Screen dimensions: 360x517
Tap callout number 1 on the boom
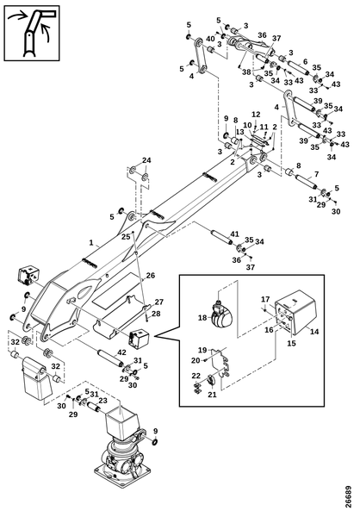(x=91, y=243)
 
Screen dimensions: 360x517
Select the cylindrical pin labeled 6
(x=299, y=68)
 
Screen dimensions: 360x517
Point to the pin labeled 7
(x=306, y=183)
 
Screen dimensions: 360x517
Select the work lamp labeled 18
(x=221, y=315)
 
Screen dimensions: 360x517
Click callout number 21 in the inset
(x=213, y=394)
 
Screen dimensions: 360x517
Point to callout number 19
(x=202, y=350)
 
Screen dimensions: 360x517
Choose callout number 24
(x=146, y=160)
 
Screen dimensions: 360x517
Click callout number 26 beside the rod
(x=151, y=276)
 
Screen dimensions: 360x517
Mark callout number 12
(x=256, y=115)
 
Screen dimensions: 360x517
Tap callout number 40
(x=210, y=39)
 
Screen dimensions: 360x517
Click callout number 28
(x=156, y=314)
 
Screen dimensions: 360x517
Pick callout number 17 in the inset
(x=266, y=299)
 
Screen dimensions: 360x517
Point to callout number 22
(x=196, y=376)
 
